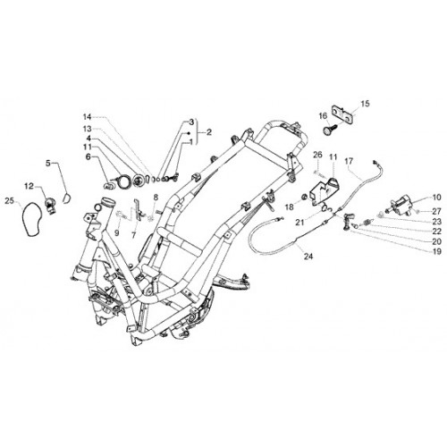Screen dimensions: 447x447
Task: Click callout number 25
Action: point(10,201)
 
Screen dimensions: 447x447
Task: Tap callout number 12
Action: point(30,187)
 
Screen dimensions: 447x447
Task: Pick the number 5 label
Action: point(48,163)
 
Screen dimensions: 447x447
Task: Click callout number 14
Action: point(88,116)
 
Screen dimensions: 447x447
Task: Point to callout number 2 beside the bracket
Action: point(209,132)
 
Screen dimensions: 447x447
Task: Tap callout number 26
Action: point(318,155)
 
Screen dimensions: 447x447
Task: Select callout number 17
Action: point(349,162)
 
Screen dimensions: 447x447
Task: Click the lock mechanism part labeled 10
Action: point(399,203)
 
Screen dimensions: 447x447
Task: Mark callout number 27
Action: point(436,212)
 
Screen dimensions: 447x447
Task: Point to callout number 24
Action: point(308,256)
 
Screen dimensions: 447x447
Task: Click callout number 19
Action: point(436,252)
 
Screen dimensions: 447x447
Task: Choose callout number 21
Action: point(300,222)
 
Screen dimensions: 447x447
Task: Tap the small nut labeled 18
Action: point(306,197)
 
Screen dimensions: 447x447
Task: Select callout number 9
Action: point(117,233)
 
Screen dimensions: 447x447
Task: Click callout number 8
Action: point(156,197)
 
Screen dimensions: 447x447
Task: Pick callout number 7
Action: point(133,235)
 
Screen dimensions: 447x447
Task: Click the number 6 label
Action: point(89,157)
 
